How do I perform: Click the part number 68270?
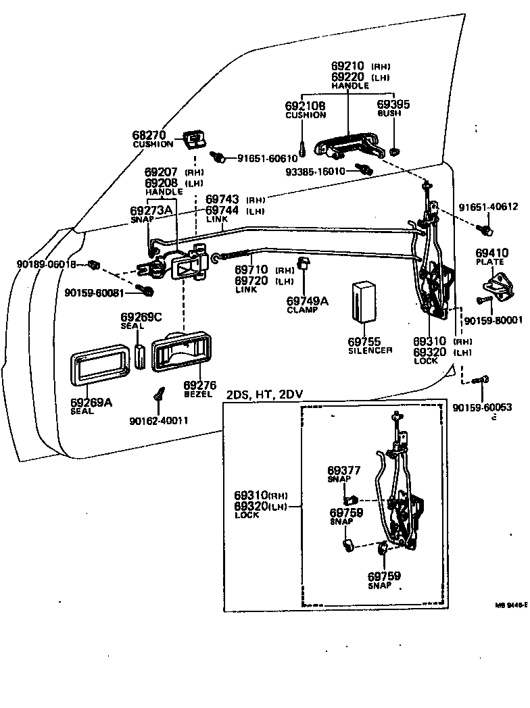click(x=149, y=135)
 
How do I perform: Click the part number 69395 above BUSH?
click(x=393, y=105)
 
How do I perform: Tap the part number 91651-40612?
click(x=488, y=207)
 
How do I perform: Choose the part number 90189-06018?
click(x=46, y=264)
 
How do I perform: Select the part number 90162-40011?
click(x=158, y=421)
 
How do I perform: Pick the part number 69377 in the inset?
click(x=344, y=470)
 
